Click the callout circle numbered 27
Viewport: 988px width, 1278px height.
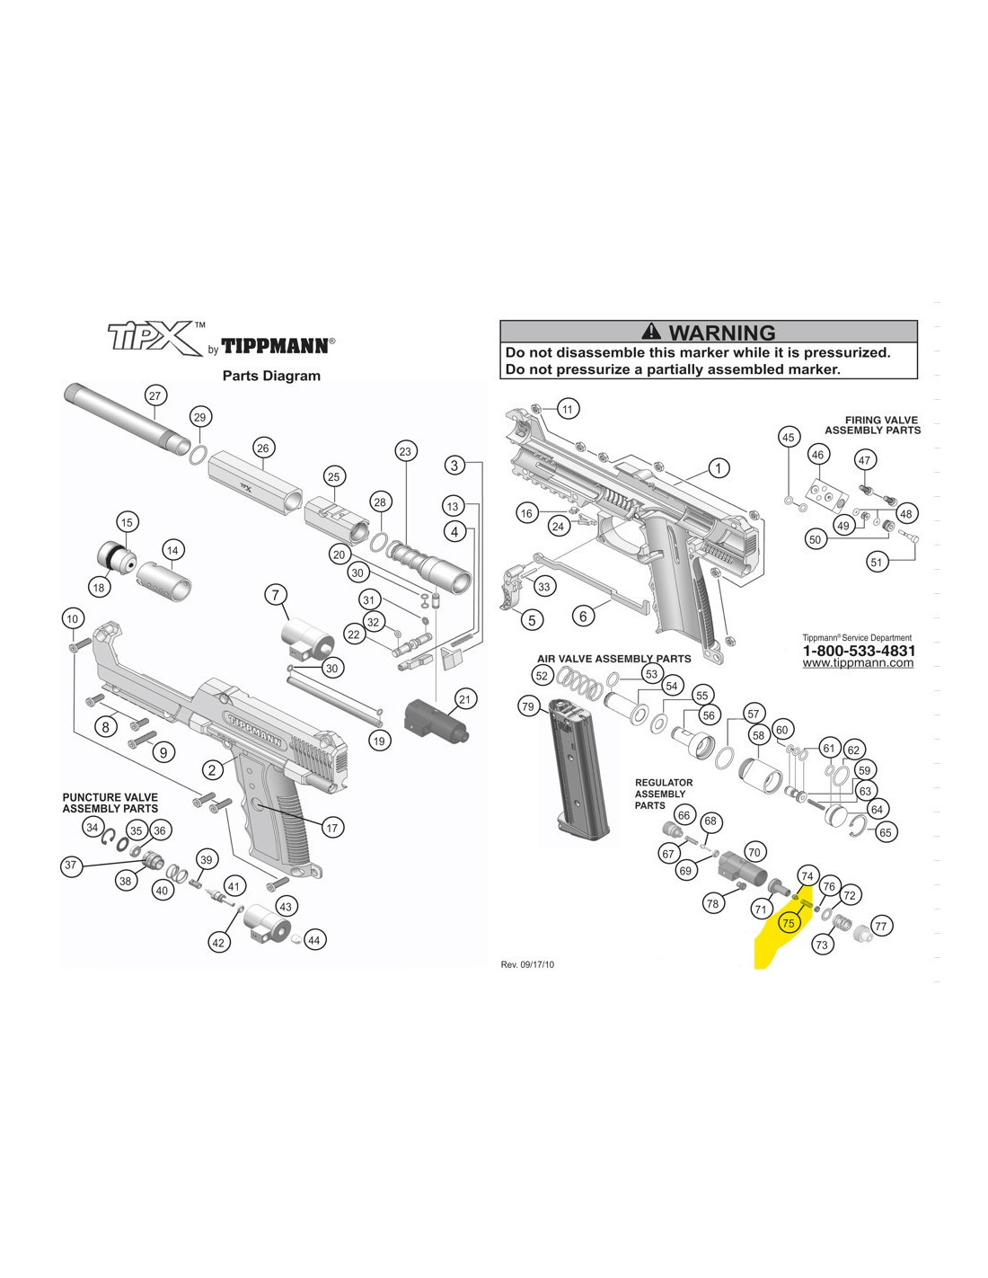(x=154, y=395)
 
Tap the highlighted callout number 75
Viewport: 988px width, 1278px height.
(x=789, y=923)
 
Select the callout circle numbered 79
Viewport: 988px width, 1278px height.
(x=528, y=706)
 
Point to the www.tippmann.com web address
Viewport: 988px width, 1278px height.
(x=858, y=663)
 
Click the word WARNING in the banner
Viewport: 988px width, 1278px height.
(x=722, y=333)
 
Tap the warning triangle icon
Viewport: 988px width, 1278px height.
(x=651, y=332)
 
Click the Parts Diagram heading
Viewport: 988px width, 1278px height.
(x=271, y=376)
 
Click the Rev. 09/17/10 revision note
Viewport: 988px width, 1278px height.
(x=527, y=965)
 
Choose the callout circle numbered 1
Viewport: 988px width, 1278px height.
(x=719, y=469)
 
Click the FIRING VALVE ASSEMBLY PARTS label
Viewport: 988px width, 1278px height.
(x=872, y=425)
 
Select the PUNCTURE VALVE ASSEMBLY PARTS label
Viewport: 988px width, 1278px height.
(x=110, y=803)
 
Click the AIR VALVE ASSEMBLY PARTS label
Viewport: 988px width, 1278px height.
(x=613, y=659)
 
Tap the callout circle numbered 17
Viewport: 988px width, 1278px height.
(x=332, y=828)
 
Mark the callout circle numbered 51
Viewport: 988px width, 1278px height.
(x=877, y=563)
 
